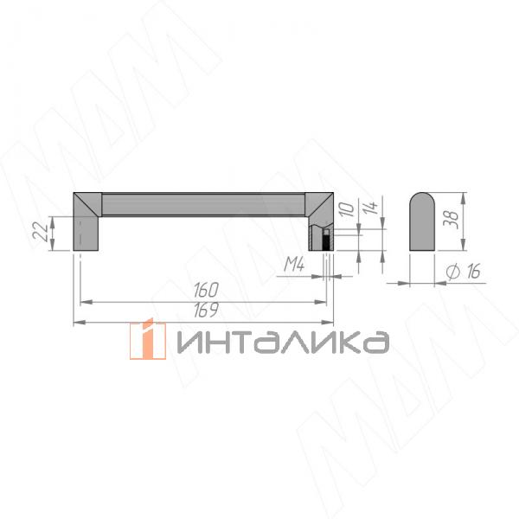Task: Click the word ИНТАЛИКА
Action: click(x=282, y=341)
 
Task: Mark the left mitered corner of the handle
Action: click(x=88, y=203)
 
